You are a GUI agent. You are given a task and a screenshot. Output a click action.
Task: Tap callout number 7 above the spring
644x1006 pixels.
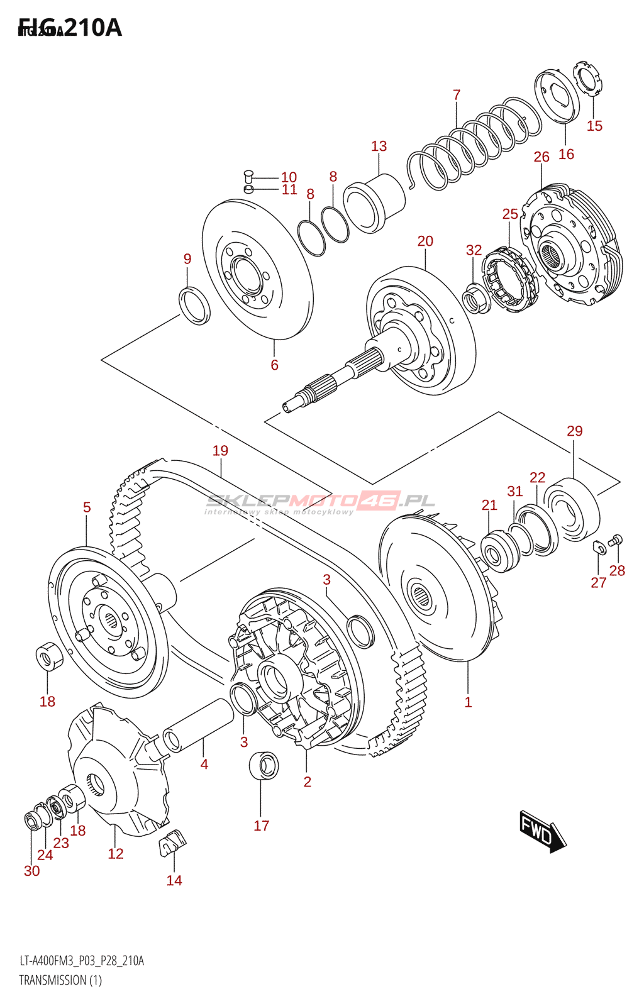pos(457,95)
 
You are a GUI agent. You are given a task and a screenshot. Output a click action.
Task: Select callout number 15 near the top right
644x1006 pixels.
pos(594,126)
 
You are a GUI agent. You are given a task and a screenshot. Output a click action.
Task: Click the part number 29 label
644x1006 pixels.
pos(574,431)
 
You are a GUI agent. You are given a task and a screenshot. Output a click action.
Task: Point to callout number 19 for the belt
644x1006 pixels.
pos(220,451)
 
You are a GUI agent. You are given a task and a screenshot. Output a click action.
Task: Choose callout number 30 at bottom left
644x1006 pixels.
pos(31,871)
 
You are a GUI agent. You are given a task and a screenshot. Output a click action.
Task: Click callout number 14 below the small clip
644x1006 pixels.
pos(174,880)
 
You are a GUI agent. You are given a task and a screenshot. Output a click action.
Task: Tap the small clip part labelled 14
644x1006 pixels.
pos(172,843)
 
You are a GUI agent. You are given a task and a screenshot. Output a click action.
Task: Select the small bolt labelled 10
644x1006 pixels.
pos(248,177)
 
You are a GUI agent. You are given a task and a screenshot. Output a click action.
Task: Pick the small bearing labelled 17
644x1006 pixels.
pos(264,765)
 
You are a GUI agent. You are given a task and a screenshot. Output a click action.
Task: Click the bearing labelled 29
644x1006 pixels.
pos(572,509)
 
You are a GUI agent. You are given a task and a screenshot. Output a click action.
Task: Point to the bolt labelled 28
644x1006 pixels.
pos(616,539)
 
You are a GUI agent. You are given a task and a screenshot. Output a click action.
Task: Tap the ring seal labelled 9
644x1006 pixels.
pos(195,305)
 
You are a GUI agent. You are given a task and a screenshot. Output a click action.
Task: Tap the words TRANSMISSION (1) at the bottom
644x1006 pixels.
pos(60,980)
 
